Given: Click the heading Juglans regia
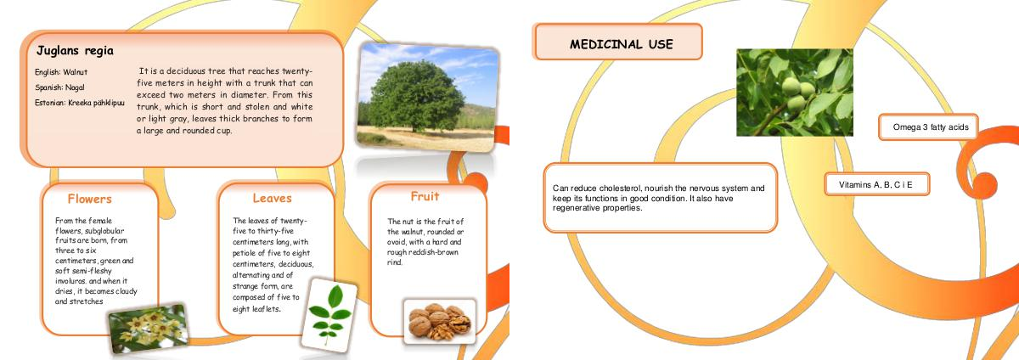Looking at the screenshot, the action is (75, 50).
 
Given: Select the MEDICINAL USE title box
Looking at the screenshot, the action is (619, 42).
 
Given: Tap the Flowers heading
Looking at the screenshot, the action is (90, 199).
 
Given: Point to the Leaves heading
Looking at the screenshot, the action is (272, 198).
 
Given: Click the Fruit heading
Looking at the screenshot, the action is (425, 196).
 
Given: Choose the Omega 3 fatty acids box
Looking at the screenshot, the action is (928, 127).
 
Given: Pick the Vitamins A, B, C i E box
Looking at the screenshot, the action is (877, 184).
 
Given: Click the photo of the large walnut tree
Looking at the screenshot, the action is (428, 97).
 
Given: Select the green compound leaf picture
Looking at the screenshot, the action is (329, 315).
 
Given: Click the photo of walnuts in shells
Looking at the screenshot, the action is (440, 322).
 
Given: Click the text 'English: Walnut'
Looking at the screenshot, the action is (61, 72).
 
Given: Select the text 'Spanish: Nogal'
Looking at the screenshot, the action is (59, 87).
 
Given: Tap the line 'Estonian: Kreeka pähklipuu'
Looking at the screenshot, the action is (80, 103).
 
